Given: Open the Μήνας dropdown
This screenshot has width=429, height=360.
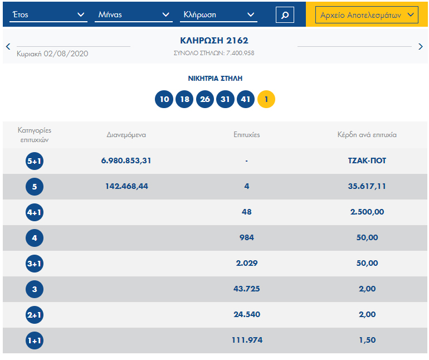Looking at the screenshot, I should pos(133,15).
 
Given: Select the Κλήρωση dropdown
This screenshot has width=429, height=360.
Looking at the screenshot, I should pos(218,15).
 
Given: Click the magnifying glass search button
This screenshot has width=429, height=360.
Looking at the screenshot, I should pos(285,15).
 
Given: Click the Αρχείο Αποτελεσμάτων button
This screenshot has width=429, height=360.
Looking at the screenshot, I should pos(367,15).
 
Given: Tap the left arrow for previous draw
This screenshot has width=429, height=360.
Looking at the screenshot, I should pos(8,47).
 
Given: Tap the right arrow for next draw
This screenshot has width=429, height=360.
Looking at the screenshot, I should pos(421,47).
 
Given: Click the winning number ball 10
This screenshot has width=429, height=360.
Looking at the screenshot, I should pos(164,100).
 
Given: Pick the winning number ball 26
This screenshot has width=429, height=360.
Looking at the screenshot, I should pos(205,100).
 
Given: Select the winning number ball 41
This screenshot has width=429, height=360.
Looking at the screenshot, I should pos(246,100).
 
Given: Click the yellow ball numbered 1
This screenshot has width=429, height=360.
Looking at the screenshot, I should pos(266,100).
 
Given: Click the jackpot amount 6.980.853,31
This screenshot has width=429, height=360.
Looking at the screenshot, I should pos(126,160).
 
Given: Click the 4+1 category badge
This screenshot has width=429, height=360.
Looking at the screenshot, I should pos(35,212).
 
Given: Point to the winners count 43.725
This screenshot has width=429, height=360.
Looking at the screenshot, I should pos(246,289).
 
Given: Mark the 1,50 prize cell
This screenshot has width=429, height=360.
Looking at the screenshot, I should pos(367,340).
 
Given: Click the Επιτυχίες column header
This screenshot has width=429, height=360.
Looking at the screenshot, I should pos(246,134).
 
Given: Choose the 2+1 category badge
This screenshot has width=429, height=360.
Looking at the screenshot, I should pos(35,315).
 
